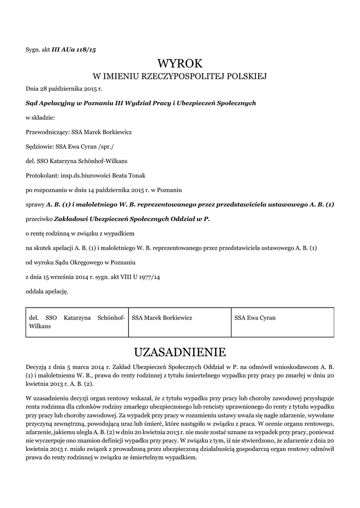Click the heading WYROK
coord(180,63)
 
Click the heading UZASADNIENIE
coord(180,352)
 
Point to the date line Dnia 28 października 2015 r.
coord(60,89)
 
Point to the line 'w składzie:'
coord(40,118)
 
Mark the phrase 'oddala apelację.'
coord(47,291)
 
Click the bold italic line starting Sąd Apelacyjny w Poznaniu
coord(141,104)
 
